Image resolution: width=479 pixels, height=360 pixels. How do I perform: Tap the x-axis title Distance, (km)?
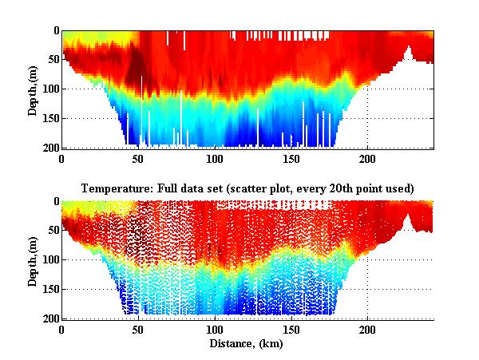coord(247,344)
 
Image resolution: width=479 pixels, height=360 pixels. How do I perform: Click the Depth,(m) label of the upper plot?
coord(33,89)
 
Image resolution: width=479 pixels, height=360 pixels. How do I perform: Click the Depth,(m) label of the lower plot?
coord(33,259)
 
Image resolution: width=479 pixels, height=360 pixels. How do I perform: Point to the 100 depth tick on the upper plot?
coord(49,89)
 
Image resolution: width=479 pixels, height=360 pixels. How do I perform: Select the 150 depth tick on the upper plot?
coord(49,118)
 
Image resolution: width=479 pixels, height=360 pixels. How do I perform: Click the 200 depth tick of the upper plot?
coord(49,148)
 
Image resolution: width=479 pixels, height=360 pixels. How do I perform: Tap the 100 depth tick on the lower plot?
coord(49,260)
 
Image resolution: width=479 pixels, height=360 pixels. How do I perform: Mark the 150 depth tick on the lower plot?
coord(49,289)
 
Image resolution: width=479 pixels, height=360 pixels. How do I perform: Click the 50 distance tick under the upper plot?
coord(139,158)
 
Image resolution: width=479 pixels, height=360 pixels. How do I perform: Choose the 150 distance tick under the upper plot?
coord(291,158)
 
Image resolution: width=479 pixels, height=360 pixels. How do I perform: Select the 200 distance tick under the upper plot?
coord(367,158)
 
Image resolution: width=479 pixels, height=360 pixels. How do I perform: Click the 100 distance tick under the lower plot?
coord(215,329)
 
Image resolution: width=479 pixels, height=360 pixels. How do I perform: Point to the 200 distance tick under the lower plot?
coord(367,329)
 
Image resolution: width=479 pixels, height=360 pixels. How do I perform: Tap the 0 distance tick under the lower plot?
coord(62,329)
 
